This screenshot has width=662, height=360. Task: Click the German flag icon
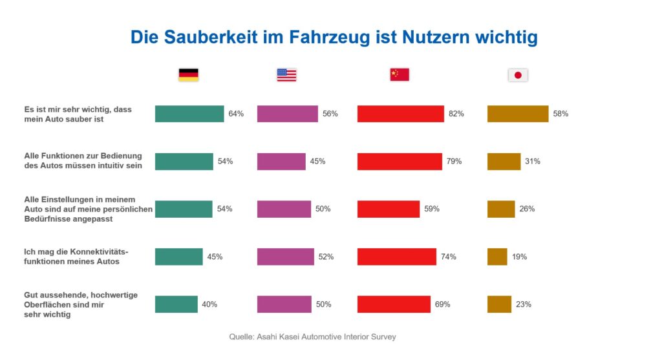click(188, 75)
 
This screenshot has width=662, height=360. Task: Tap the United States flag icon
click(286, 75)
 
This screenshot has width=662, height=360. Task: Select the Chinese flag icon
click(400, 75)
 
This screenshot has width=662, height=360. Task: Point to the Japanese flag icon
click(518, 75)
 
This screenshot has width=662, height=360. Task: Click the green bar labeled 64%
click(189, 114)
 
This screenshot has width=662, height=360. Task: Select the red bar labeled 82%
click(401, 114)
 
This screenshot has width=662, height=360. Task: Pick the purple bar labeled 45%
click(281, 162)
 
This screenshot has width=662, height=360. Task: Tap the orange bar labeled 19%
click(497, 257)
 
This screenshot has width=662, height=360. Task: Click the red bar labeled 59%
click(389, 209)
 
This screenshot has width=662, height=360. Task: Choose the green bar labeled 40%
click(176, 304)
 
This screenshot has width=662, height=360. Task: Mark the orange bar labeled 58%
click(518, 114)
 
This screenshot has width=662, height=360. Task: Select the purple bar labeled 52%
click(286, 257)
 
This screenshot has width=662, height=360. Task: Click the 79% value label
click(454, 162)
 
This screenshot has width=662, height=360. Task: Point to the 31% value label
click(533, 162)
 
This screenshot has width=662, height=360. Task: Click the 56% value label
click(330, 114)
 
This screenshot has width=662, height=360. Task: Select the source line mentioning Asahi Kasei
click(312, 337)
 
